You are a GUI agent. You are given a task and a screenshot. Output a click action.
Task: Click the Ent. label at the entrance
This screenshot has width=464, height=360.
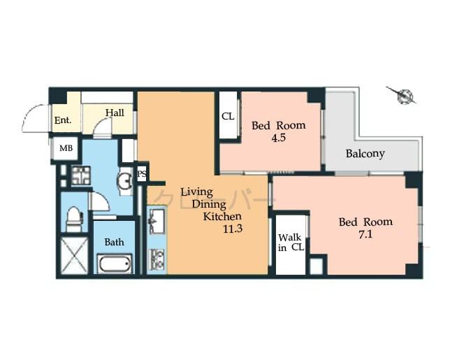[x=63, y=120]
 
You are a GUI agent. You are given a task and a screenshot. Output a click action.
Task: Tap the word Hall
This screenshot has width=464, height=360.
[x=115, y=112]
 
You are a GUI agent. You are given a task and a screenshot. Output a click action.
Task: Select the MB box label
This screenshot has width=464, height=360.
[x=65, y=148]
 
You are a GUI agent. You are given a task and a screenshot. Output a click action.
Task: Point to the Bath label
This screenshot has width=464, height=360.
[x=114, y=243]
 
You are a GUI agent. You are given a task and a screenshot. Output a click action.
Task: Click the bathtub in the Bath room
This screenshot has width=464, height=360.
[x=114, y=265]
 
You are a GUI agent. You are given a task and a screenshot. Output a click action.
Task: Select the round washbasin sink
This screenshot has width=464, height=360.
[x=125, y=182]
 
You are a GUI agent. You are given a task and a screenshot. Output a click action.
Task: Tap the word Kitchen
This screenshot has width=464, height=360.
[x=222, y=217]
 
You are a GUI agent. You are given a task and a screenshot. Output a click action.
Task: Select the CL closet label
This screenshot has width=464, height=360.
[x=228, y=117]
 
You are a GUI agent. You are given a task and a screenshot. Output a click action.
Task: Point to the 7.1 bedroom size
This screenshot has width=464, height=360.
[x=365, y=235]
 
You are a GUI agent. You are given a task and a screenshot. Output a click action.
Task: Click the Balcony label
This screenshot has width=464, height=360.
[x=365, y=154]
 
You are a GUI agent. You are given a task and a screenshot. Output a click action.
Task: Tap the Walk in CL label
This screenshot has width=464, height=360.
[x=290, y=243]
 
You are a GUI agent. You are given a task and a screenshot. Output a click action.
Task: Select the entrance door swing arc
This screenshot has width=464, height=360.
[x=33, y=117]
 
